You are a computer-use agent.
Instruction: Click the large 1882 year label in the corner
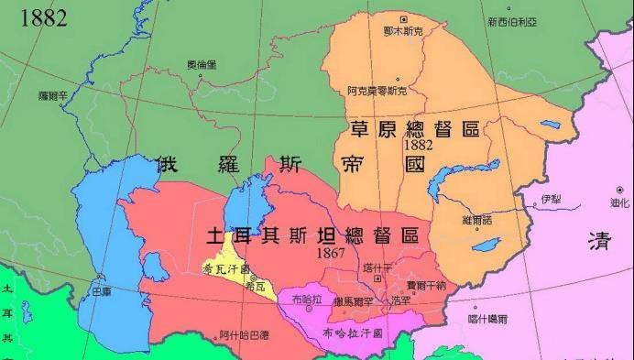pos(35,16)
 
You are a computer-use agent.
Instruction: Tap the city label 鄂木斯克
pos(403,32)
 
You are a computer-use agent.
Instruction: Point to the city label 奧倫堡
pos(202,64)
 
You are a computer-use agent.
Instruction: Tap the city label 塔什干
pos(377,267)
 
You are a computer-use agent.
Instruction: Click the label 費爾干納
pos(426,285)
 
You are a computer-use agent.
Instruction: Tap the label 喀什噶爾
pos(487,319)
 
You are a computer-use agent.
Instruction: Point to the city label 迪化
pos(619,202)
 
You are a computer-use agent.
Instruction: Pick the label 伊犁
pos(550,199)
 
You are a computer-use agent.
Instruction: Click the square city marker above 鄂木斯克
pos(404,18)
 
